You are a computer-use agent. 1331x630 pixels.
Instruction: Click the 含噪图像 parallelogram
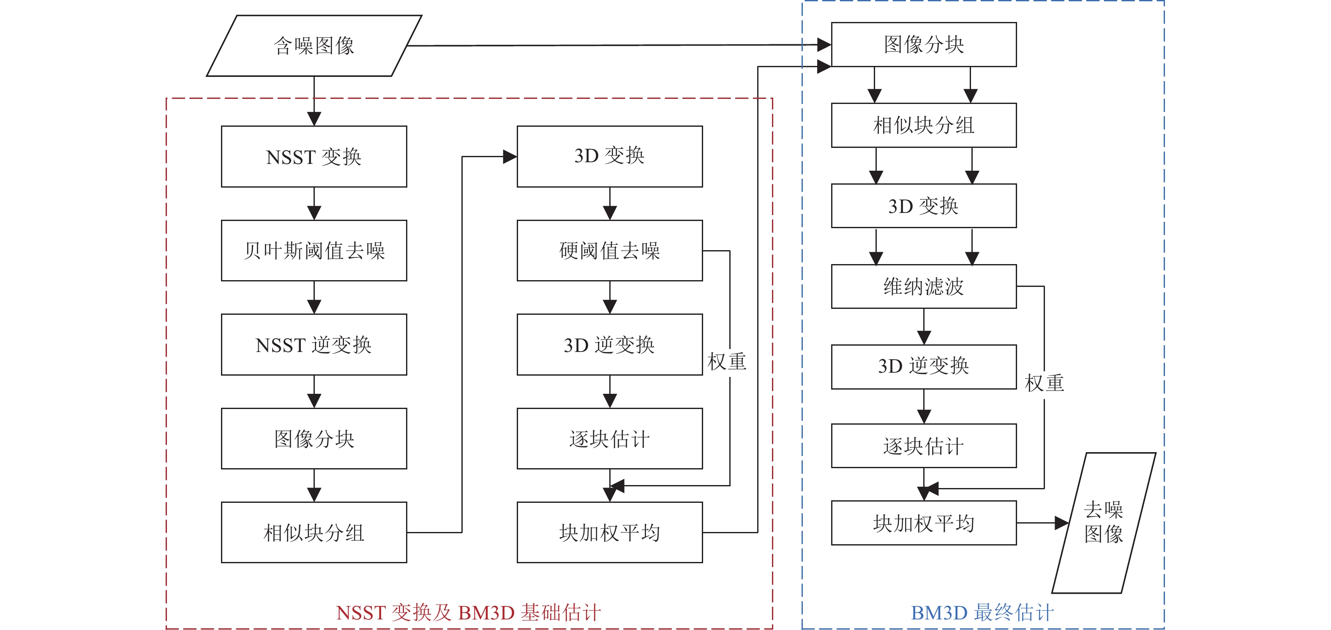314,46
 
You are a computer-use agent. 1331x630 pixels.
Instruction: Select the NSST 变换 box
314,157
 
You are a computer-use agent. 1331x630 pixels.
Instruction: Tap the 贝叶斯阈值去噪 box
314,251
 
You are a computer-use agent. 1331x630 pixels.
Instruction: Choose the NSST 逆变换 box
314,345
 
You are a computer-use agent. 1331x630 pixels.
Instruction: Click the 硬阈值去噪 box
610,251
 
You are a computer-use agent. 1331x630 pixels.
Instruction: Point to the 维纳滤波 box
924,287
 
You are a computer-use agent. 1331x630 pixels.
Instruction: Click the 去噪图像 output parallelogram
1104,523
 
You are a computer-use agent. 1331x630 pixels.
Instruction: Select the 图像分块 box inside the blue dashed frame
924,44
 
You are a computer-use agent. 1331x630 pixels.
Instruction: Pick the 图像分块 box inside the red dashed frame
314,439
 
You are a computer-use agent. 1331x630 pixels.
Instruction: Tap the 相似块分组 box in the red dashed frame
314,532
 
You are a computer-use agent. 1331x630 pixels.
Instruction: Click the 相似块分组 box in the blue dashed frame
924,125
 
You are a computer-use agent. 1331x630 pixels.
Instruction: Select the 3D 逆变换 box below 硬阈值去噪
610,345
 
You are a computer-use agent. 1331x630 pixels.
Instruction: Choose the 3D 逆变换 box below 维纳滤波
924,366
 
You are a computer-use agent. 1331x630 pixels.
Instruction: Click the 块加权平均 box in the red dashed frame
610,532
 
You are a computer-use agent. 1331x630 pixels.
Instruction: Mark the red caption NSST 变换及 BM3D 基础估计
468,613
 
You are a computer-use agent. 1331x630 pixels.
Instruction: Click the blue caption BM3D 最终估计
982,613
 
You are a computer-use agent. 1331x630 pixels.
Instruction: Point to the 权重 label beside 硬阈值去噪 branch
727,362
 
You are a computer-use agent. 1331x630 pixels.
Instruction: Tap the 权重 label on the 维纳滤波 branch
1044,383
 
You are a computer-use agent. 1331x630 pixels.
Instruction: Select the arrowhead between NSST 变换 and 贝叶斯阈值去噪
314,213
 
